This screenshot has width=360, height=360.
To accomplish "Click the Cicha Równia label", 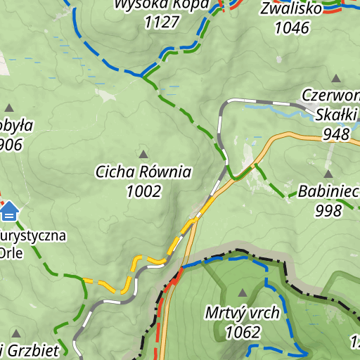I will (143, 172).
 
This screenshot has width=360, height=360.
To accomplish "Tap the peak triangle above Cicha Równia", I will (143, 154).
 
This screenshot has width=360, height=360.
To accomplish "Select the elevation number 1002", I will (143, 191).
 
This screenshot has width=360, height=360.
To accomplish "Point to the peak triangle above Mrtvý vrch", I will (243, 292).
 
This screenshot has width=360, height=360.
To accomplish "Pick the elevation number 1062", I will (243, 332).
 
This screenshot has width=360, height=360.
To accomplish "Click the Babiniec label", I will (328, 191).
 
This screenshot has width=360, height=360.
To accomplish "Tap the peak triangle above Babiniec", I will (328, 173).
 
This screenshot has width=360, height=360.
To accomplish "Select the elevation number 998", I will (328, 210).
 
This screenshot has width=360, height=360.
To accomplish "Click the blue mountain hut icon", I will (9, 210).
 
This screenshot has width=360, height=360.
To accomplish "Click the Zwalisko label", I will (290, 9).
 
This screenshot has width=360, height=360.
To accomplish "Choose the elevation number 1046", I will (292, 27).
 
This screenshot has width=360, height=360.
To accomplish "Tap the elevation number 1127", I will (161, 22).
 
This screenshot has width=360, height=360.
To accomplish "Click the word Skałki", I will (337, 115).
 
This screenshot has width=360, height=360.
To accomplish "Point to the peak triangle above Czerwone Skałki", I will (336, 78).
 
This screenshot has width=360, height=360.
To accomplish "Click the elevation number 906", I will (11, 145).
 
